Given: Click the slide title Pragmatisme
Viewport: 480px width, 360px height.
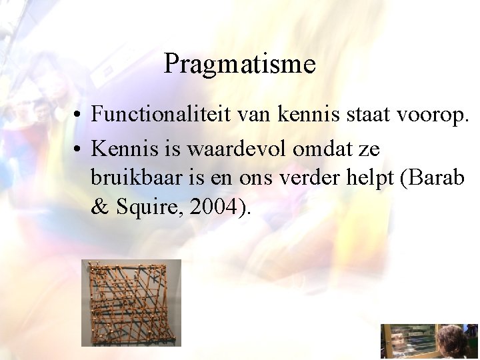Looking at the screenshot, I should (x=239, y=65).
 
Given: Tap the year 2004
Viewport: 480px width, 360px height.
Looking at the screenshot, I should (x=213, y=207).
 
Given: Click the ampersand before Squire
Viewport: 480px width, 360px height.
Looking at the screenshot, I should (x=100, y=207).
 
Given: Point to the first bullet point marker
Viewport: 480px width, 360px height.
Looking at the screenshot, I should (x=79, y=115).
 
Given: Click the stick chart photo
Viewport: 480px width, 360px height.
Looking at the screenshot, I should (x=131, y=303).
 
